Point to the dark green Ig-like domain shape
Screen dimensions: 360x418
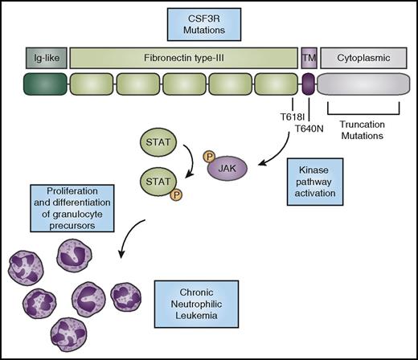(x=44, y=84)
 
